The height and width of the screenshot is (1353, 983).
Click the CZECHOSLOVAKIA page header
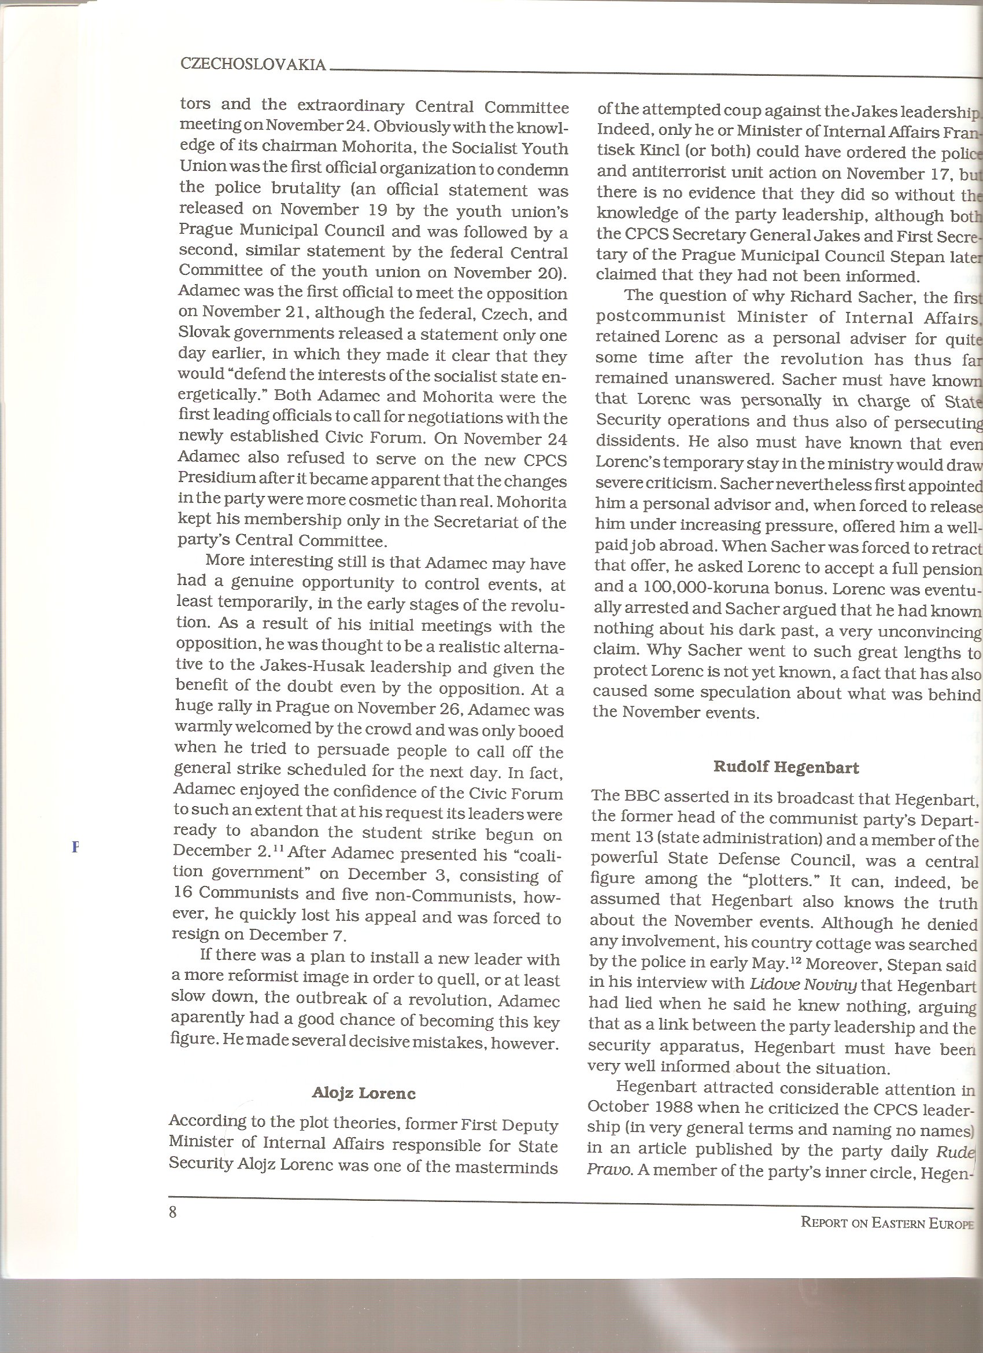pyautogui.click(x=253, y=65)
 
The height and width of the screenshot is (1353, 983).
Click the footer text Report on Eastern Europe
pyautogui.click(x=887, y=1222)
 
